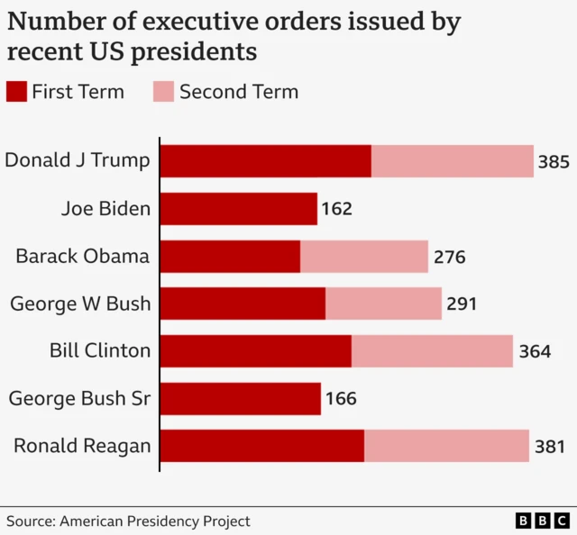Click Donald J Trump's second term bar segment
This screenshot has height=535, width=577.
tap(453, 161)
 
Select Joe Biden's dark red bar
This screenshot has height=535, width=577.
tap(239, 209)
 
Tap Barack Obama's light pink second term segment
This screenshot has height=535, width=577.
tap(364, 257)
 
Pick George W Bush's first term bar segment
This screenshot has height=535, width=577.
tap(243, 304)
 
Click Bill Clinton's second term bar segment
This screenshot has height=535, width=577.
tap(432, 351)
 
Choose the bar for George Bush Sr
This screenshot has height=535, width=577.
tap(241, 399)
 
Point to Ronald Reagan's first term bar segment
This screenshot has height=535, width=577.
tap(262, 446)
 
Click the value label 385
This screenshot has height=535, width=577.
tap(554, 162)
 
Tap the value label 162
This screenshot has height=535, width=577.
tap(336, 210)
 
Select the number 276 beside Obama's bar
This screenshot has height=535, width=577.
tap(449, 258)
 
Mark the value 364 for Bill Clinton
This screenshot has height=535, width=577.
tap(535, 352)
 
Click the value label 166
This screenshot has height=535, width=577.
tap(340, 399)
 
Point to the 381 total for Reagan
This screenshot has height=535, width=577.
tap(550, 447)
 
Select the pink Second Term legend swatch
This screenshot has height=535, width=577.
tap(163, 92)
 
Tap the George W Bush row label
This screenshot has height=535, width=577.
tap(80, 304)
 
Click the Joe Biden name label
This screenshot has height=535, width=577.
tap(105, 209)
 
